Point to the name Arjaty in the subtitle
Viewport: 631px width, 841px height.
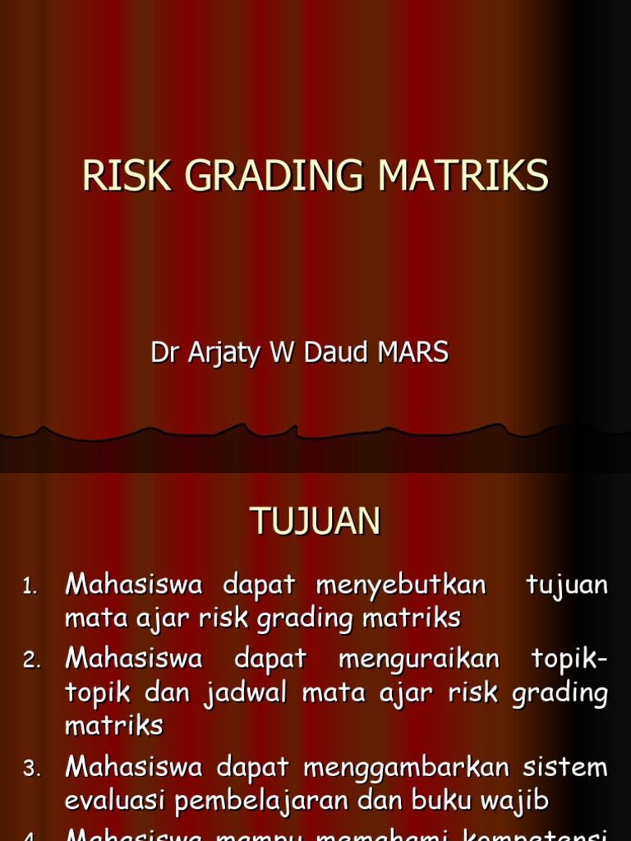pos(214,353)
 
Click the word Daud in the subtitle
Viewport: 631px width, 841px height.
pos(338,352)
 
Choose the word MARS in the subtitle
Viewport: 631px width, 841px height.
pos(413,352)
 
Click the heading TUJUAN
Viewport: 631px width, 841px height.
pos(315,521)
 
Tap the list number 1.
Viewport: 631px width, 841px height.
pos(30,586)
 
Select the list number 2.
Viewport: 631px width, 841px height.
pos(30,659)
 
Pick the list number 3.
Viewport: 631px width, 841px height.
pos(30,769)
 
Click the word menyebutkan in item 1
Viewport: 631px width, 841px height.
pos(401,586)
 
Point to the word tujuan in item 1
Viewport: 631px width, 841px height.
pos(567,586)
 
